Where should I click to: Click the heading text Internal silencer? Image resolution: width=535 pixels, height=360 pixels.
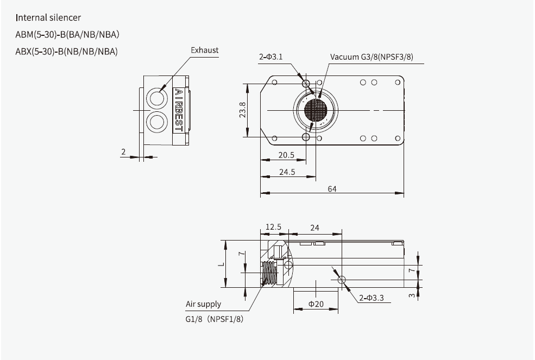click(48, 18)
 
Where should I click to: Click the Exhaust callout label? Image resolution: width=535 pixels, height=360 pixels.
click(204, 50)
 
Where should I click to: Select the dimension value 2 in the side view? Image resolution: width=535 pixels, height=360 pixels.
click(123, 152)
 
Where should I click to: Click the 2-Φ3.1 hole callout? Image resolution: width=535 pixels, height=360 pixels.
click(270, 57)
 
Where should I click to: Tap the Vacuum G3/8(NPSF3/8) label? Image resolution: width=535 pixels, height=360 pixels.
click(372, 57)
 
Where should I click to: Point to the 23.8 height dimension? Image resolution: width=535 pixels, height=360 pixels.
click(243, 110)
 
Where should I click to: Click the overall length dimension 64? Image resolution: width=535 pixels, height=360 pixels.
click(331, 188)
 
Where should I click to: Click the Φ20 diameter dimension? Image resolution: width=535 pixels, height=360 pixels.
click(316, 304)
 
